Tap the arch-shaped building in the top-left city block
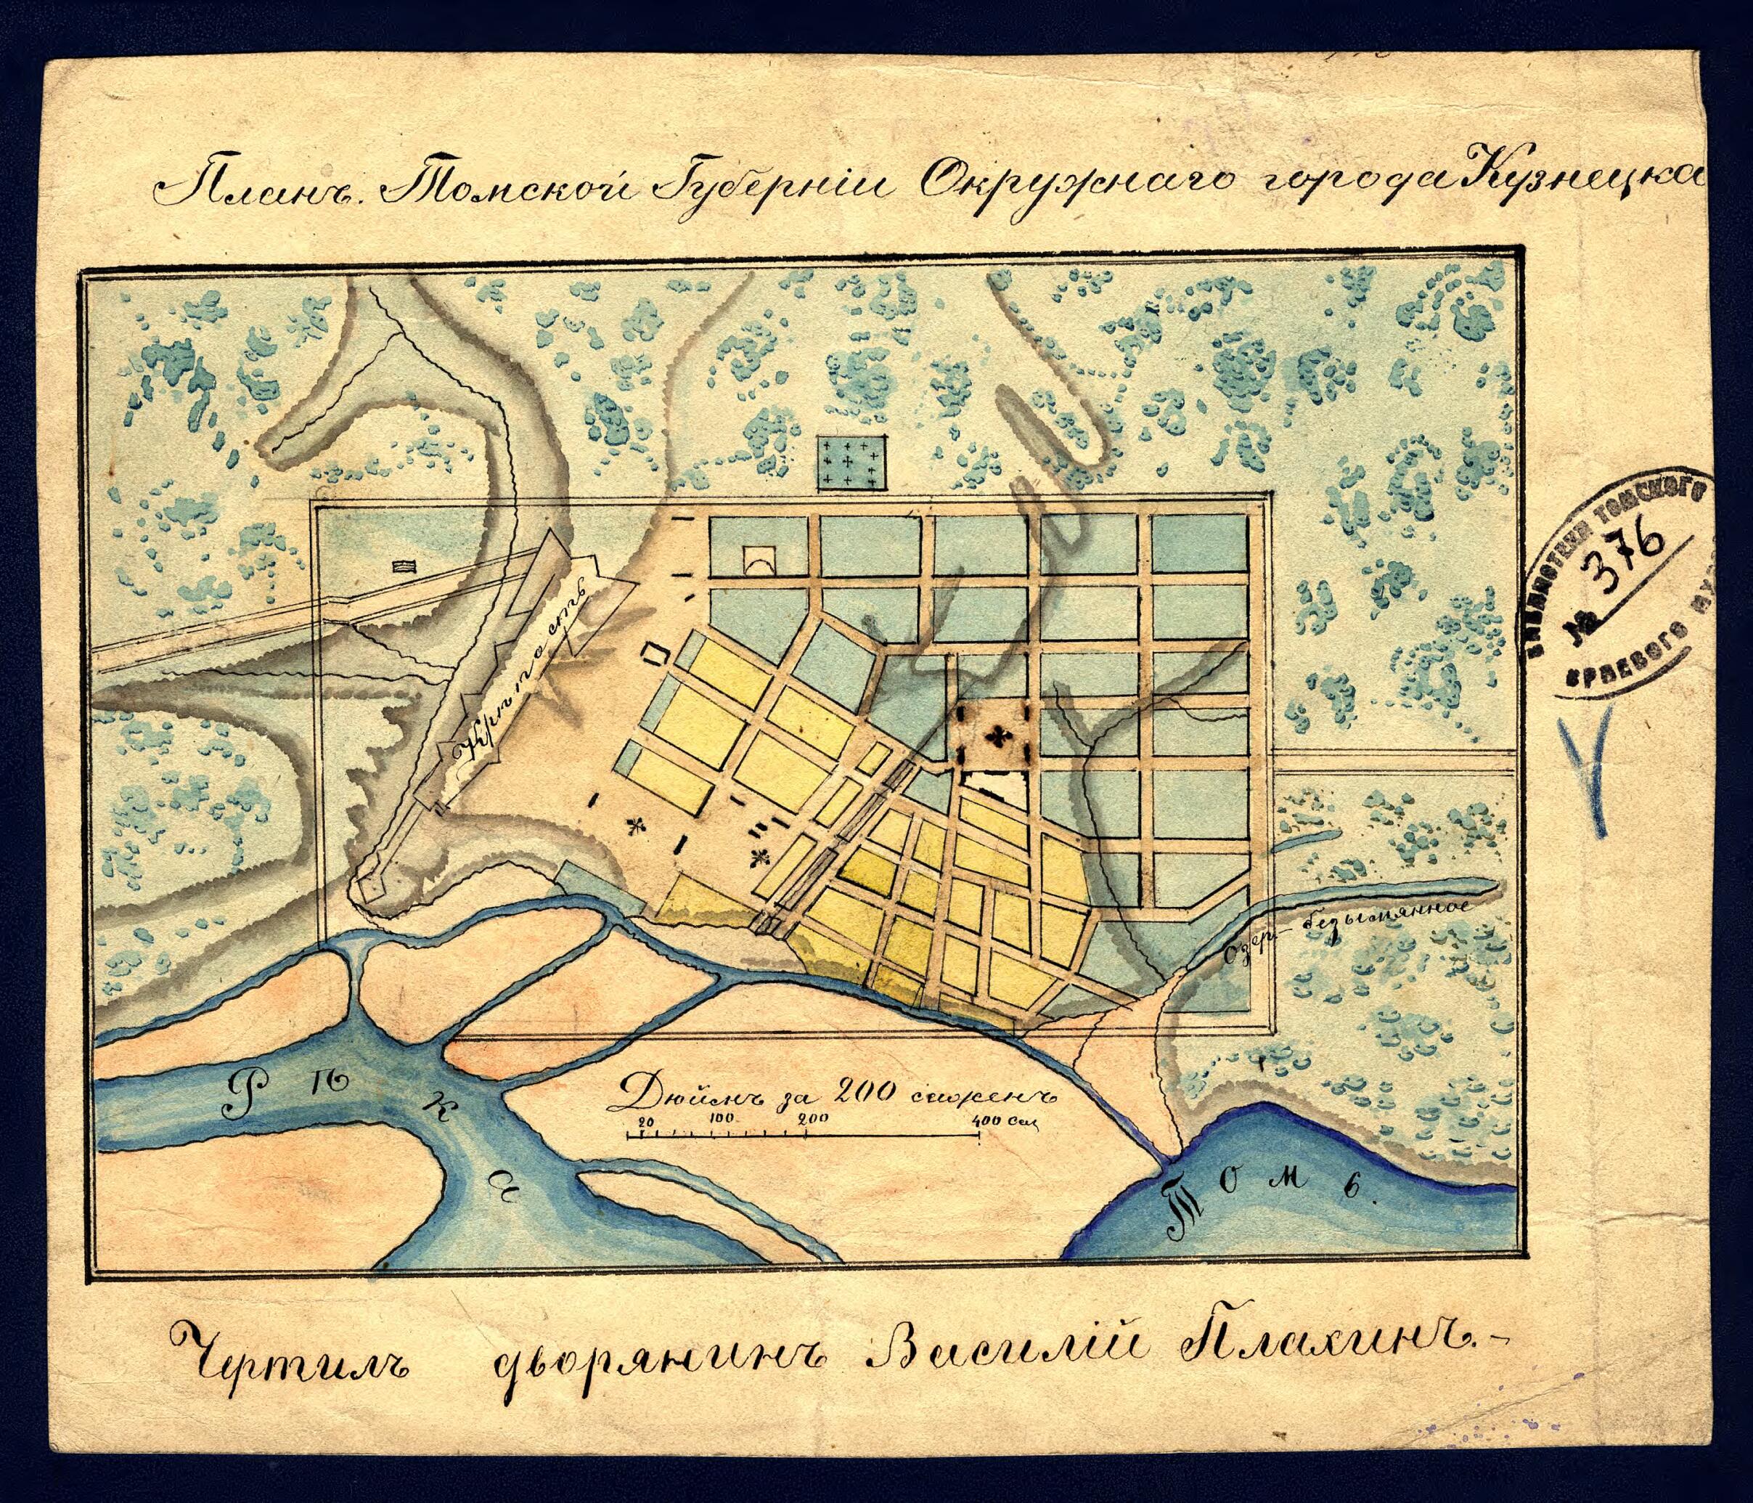[760, 559]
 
